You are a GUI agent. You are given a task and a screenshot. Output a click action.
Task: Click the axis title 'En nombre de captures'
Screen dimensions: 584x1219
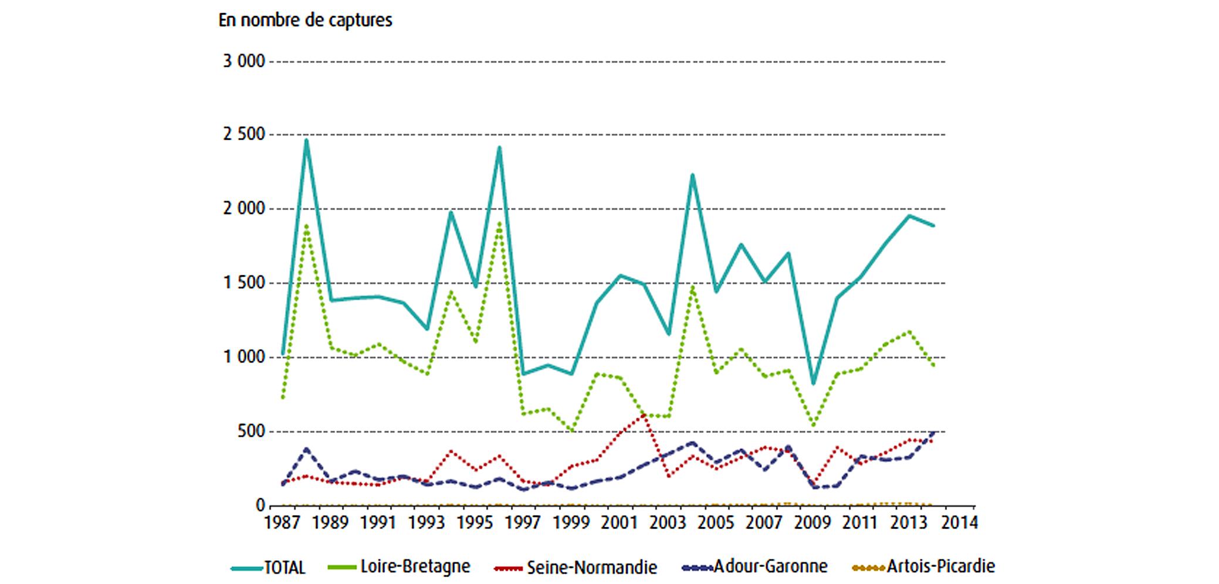305,20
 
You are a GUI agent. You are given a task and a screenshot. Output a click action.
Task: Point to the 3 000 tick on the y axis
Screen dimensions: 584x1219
244,61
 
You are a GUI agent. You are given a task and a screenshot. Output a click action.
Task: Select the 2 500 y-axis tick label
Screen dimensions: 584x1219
244,134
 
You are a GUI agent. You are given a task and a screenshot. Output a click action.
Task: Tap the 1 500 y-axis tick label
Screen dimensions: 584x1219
244,283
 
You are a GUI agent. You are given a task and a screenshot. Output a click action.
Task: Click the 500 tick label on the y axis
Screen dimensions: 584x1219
251,431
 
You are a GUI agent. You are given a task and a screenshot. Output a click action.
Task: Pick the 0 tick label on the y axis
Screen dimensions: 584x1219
260,505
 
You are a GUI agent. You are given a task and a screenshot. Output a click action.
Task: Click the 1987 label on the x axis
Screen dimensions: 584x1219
282,522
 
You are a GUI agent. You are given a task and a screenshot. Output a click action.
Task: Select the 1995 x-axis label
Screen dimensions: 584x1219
475,522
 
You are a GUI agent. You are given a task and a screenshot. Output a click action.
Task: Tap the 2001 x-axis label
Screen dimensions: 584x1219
619,522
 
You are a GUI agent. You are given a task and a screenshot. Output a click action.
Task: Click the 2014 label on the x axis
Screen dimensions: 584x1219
959,522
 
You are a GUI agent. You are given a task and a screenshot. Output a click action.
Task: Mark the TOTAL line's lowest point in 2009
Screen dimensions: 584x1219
813,384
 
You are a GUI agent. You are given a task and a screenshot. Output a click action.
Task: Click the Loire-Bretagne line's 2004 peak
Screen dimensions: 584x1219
693,287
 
